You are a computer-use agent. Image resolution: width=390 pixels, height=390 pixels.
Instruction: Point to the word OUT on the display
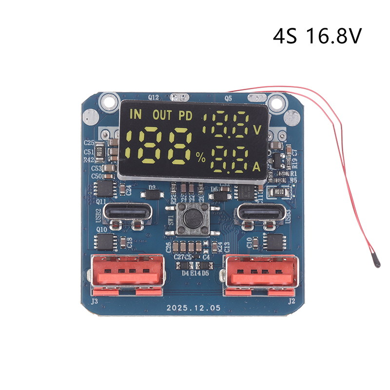click(162, 116)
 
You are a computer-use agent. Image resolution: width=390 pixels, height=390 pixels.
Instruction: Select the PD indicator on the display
click(185, 116)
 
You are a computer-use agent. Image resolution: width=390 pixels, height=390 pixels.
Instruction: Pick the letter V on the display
click(257, 130)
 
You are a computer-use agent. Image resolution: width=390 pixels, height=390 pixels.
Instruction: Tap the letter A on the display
click(256, 167)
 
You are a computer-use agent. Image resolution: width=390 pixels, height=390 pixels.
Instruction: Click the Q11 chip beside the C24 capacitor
click(105, 188)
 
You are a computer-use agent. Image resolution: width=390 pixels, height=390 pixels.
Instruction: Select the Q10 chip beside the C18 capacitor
click(104, 240)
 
